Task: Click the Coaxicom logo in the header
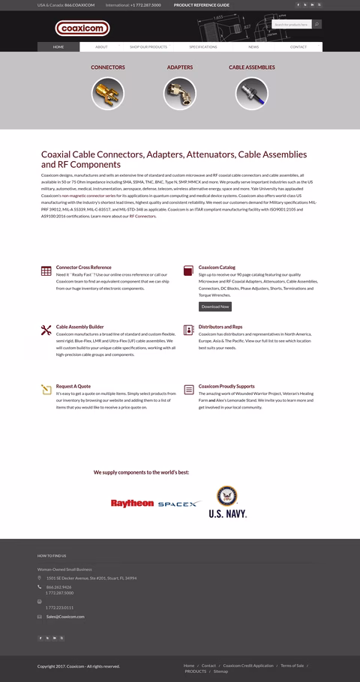click(82, 28)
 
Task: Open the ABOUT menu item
click(101, 46)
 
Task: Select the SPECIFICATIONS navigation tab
click(202, 46)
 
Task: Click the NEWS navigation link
click(253, 46)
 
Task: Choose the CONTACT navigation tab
click(298, 46)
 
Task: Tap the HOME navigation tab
click(58, 46)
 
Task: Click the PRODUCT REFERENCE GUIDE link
click(202, 4)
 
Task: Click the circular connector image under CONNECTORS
click(107, 94)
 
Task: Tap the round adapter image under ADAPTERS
click(179, 94)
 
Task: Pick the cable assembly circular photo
click(251, 94)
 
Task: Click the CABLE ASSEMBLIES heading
click(251, 67)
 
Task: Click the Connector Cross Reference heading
click(83, 267)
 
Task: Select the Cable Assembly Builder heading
click(79, 327)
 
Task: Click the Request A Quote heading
click(73, 386)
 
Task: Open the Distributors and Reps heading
click(220, 327)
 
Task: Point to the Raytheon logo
click(132, 504)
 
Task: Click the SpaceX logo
click(178, 504)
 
